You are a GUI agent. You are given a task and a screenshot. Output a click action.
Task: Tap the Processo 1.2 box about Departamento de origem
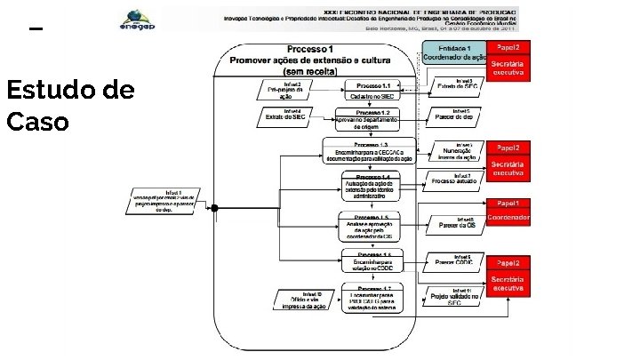(x=372, y=119)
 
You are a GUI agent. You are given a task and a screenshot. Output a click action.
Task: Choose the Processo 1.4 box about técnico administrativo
(x=372, y=185)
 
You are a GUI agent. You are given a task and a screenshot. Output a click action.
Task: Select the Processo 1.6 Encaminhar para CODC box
(x=372, y=260)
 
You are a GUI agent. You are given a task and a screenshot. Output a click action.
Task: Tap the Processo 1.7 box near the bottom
(x=372, y=298)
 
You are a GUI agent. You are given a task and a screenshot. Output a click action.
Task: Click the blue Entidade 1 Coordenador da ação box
(x=453, y=52)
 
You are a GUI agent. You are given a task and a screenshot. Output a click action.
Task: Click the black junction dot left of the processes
(x=213, y=208)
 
